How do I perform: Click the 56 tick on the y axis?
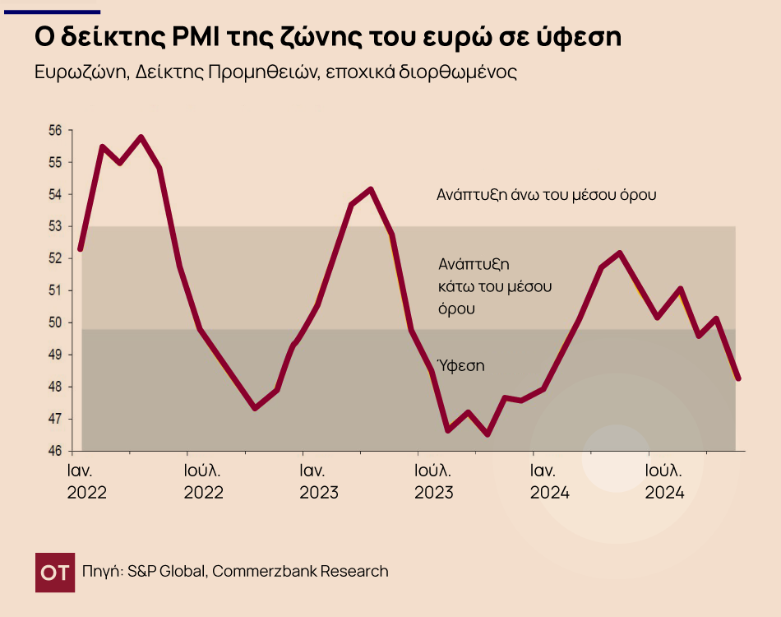coord(56,131)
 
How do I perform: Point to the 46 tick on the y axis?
coord(56,452)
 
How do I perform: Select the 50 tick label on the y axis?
coord(56,322)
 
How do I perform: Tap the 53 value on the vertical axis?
coord(56,227)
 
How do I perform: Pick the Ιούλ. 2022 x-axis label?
coord(203,482)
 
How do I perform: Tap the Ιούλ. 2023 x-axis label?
coord(434,482)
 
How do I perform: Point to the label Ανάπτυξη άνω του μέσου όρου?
coord(547,196)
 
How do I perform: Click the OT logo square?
coord(56,572)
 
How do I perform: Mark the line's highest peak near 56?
coord(141,137)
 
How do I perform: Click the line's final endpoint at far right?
coord(738,378)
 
